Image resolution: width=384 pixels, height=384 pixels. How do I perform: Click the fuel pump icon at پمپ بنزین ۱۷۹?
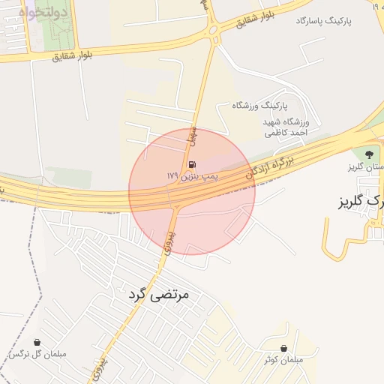193,164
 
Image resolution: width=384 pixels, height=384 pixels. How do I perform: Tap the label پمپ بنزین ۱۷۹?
192,175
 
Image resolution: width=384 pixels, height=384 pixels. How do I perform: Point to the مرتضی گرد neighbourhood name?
155,295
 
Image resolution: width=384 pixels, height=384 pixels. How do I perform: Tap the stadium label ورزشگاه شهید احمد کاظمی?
285,127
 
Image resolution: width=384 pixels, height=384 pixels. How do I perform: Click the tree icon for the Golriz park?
367,154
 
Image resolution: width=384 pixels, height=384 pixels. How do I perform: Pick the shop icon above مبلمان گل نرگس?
37,342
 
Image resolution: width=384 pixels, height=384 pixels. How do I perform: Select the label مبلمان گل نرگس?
37,354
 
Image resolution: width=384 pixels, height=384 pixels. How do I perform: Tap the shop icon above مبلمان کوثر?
283,348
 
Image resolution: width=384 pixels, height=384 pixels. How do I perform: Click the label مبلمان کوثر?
283,360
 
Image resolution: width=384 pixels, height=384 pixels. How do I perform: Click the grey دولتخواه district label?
43,13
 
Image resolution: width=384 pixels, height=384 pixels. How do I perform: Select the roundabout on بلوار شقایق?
213,30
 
